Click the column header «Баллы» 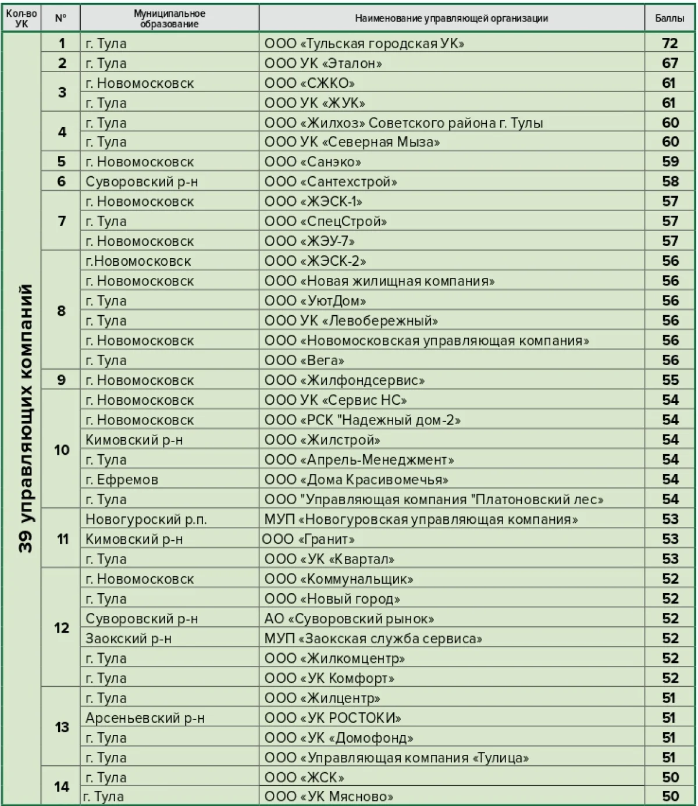coord(669,18)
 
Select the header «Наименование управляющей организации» coord(451,18)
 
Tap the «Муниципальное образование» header coord(169,18)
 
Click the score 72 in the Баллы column coord(670,44)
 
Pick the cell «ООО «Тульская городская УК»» coord(365,44)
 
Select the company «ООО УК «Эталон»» coord(323,63)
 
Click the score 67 coord(670,63)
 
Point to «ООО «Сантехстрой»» coord(331,182)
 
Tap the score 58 coord(670,182)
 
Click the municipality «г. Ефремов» coord(122,480)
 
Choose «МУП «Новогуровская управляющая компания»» coord(421,519)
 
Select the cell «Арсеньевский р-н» coord(145,718)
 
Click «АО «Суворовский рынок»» coord(349,619)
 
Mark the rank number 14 coord(62,787)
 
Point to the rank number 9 coord(62,380)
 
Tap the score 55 coord(670,380)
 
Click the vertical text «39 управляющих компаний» coord(25,419)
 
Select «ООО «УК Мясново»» coord(329,797)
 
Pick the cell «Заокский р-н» coord(129,639)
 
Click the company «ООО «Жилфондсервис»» coord(344,380)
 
